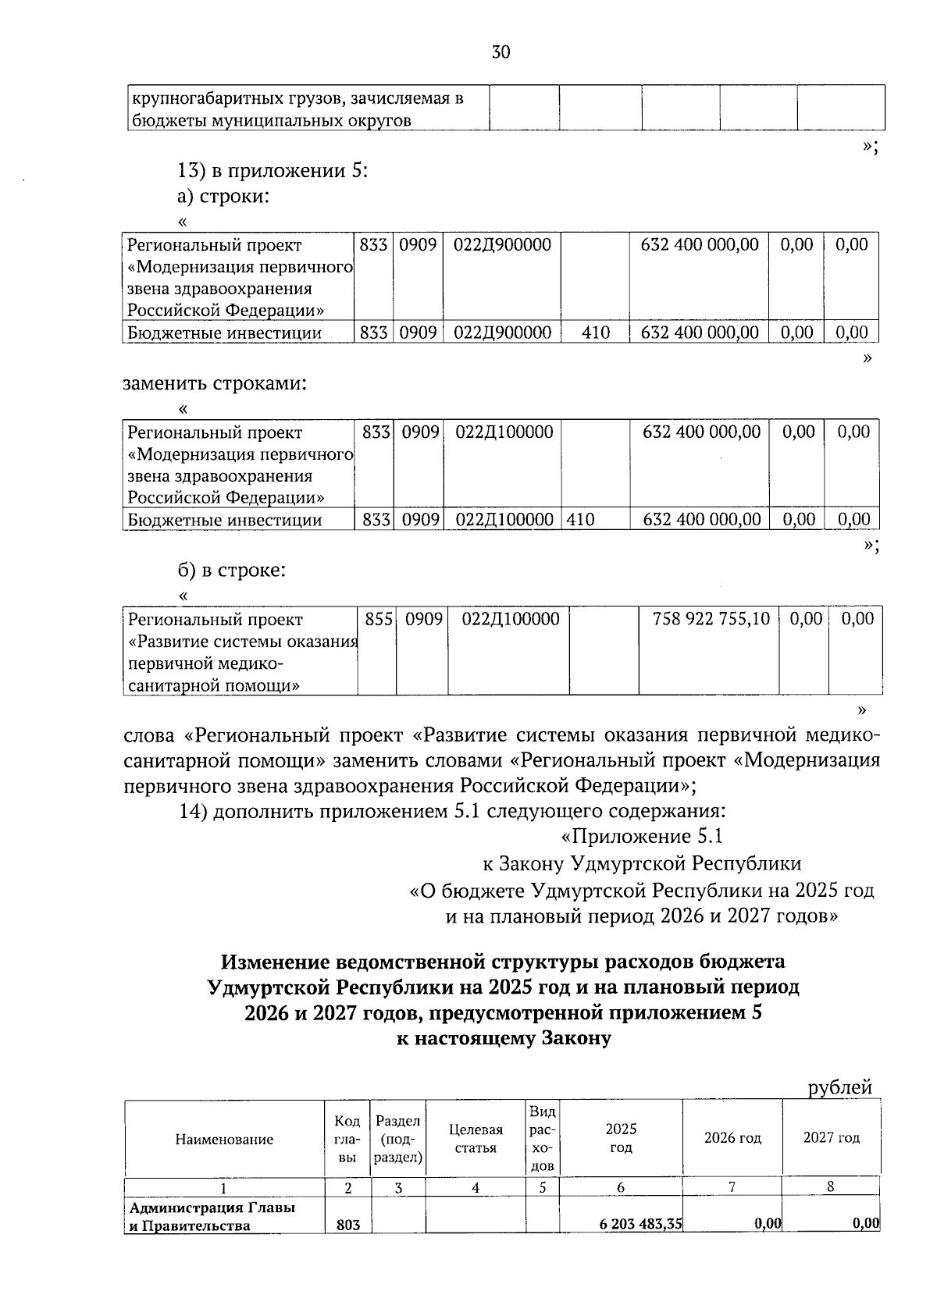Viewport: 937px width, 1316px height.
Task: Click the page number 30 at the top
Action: point(501,52)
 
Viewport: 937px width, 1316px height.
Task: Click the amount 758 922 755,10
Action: point(711,619)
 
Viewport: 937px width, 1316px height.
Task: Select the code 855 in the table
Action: point(378,619)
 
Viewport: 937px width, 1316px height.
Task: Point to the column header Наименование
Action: point(224,1139)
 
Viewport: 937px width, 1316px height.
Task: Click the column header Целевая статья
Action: point(476,1139)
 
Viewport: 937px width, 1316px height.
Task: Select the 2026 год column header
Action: point(732,1138)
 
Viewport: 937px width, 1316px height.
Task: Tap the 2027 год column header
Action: point(832,1138)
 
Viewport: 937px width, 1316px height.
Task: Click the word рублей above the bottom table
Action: point(839,1087)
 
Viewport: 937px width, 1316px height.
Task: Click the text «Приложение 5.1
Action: point(642,837)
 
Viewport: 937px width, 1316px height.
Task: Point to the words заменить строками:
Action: point(215,383)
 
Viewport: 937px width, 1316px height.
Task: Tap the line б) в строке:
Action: point(232,570)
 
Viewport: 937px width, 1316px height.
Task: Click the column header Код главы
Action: point(347,1139)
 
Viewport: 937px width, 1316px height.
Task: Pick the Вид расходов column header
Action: point(542,1139)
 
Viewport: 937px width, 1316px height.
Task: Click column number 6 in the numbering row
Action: point(621,1187)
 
